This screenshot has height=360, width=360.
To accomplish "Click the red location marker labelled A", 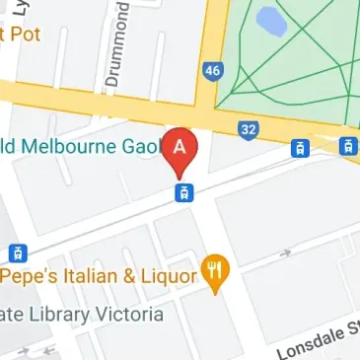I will (180, 148).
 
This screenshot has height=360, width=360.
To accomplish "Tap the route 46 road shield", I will (212, 70).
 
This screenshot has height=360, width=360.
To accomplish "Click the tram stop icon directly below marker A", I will (181, 192).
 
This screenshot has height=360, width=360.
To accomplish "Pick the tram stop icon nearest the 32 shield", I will (298, 149).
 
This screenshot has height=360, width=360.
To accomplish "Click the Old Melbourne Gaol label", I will (79, 146).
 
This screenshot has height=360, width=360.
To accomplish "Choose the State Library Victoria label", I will (80, 315).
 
